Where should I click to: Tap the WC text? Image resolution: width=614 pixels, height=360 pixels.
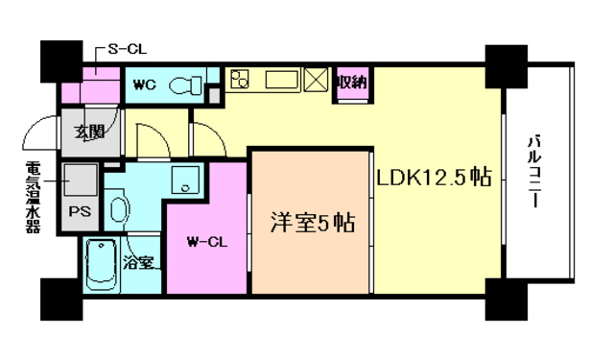pyautogui.click(x=144, y=84)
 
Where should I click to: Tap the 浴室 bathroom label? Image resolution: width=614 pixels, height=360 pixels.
pyautogui.click(x=139, y=262)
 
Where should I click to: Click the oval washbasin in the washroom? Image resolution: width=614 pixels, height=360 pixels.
pyautogui.click(x=118, y=209)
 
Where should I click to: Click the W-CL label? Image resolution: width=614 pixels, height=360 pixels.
pyautogui.click(x=205, y=240)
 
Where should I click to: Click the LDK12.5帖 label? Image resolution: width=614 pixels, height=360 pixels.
pyautogui.click(x=434, y=177)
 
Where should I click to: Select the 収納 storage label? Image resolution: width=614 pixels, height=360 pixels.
pyautogui.click(x=351, y=83)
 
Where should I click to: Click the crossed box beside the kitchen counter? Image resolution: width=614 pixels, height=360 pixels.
pyautogui.click(x=317, y=81)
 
